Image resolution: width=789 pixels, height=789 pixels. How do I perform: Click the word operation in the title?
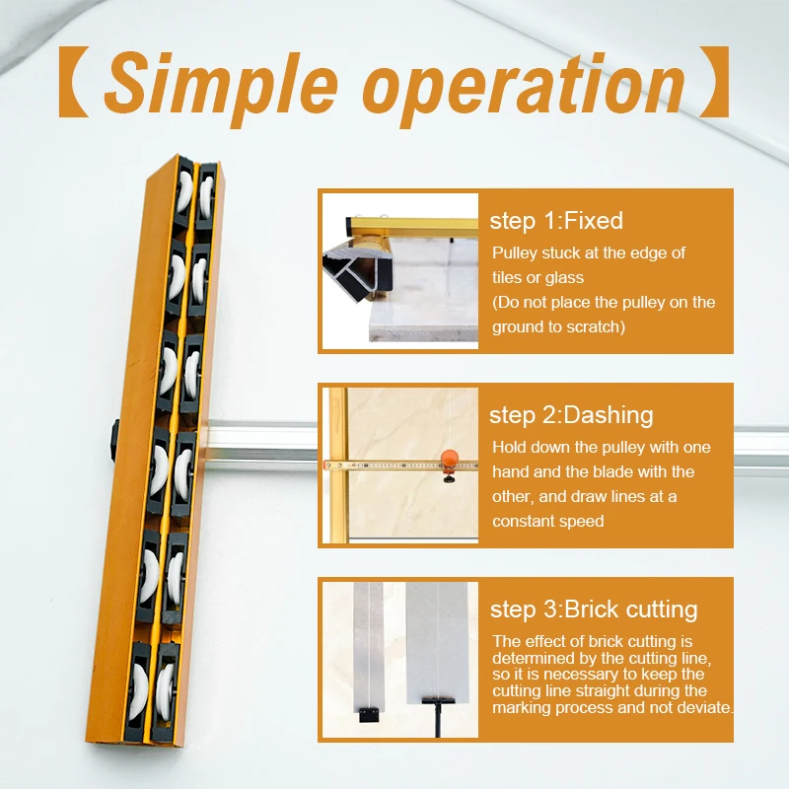click(523, 86)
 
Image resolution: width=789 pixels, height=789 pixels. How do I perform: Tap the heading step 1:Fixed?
click(556, 221)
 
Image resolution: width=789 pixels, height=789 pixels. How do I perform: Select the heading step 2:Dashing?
click(571, 415)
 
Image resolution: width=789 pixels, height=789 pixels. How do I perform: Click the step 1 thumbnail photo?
click(399, 270)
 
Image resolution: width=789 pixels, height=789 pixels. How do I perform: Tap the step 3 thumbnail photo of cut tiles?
click(399, 659)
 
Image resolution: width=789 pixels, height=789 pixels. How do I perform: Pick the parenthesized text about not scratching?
click(604, 313)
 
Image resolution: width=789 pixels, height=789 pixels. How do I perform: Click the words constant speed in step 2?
click(548, 521)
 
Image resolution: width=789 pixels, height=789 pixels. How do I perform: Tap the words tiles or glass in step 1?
click(538, 278)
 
